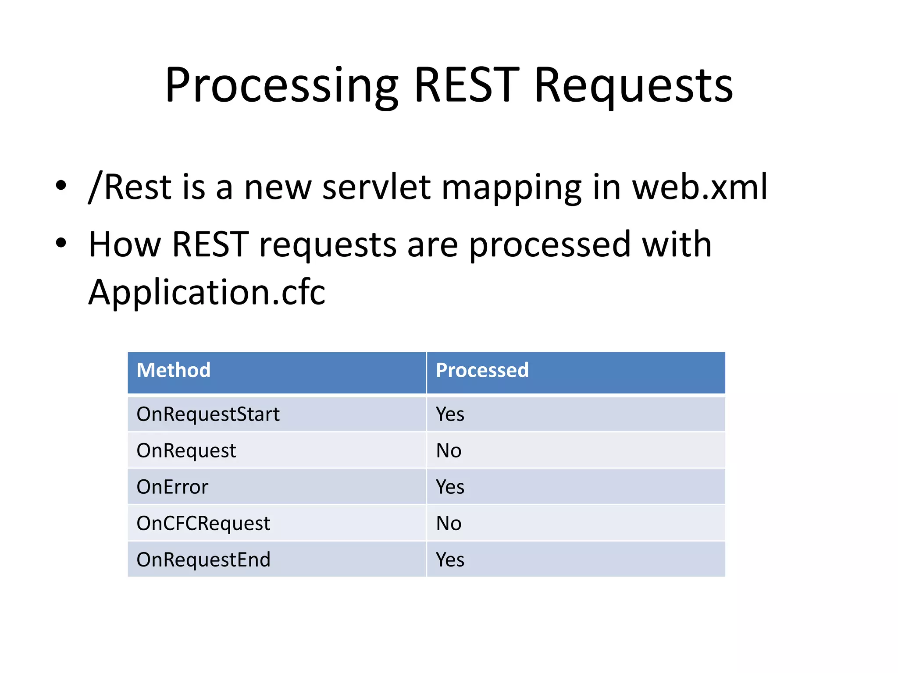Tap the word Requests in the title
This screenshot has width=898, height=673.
(633, 86)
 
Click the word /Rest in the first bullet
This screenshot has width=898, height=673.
(129, 188)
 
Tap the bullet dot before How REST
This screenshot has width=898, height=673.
(61, 243)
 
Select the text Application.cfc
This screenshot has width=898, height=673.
(207, 292)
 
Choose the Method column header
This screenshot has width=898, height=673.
(174, 370)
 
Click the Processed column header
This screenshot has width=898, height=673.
(482, 370)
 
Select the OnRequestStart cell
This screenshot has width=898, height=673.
(208, 414)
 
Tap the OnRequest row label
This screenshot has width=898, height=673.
(186, 451)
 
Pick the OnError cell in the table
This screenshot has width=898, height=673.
(172, 487)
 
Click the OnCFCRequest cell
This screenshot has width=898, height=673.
(203, 524)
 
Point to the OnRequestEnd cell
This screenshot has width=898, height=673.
(203, 560)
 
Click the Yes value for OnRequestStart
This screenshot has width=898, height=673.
(450, 414)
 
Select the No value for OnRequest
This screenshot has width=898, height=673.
(449, 451)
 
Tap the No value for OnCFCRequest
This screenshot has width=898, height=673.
(449, 524)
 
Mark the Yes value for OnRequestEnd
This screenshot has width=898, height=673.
(450, 560)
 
